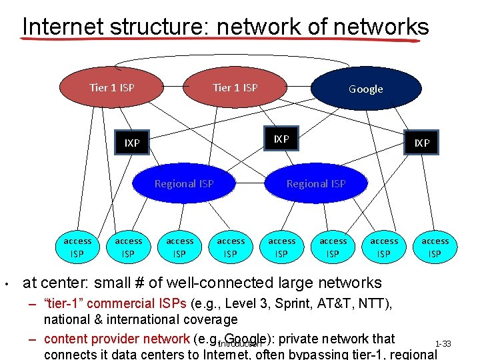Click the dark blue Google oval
[x=366, y=89]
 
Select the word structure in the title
[x=154, y=27]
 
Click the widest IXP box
[x=132, y=143]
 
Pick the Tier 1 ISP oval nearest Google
[x=235, y=87]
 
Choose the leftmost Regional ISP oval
[x=184, y=183]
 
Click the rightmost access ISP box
[x=435, y=247]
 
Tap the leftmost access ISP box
[x=77, y=247]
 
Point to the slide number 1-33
[x=443, y=344]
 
